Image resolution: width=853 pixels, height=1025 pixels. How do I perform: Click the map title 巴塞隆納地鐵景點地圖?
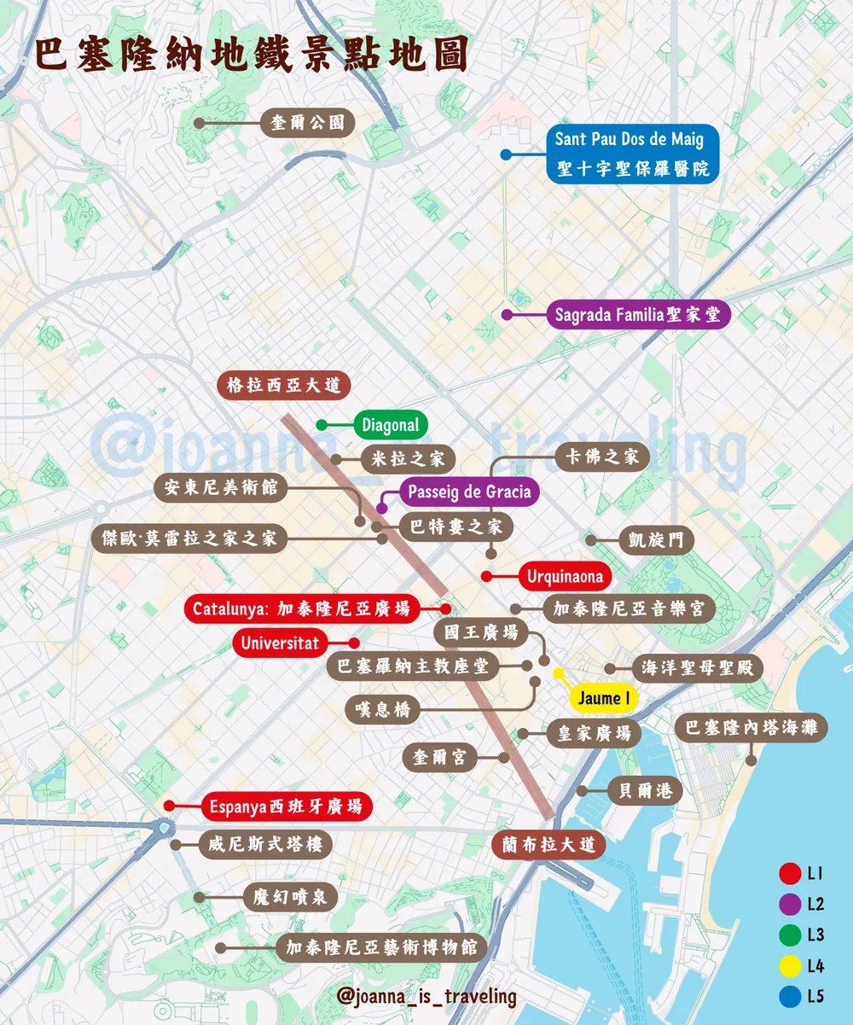coord(252,55)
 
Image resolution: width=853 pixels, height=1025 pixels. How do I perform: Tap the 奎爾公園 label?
coord(307,123)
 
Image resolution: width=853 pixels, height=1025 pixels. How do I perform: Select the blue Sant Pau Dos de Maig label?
coord(632,154)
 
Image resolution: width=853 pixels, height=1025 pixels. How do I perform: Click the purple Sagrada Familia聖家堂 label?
coord(637,315)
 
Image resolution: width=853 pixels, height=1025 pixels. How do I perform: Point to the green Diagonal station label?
coord(391,425)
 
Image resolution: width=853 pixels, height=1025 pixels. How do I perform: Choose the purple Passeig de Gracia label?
coord(469,492)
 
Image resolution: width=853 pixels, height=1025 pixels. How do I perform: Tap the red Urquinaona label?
coord(565,577)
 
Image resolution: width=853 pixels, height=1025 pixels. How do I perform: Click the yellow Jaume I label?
coord(604,698)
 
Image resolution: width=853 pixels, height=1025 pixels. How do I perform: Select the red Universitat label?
coord(279,643)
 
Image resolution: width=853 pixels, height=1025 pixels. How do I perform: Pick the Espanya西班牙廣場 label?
coord(286,806)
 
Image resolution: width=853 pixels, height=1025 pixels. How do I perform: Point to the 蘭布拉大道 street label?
coord(549,845)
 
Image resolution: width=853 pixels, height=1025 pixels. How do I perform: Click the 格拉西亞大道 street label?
coord(283,385)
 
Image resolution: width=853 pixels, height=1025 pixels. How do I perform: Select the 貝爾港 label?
coord(646,791)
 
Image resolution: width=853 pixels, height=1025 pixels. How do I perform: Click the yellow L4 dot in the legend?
coord(789,966)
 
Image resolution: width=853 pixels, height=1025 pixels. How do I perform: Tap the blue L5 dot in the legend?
coord(789,996)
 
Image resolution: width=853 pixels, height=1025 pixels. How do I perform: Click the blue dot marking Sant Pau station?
coord(506,154)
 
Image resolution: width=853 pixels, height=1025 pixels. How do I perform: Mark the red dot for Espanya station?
coord(169,806)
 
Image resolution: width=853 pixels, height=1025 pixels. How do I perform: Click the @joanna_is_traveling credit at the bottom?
coord(426,996)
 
